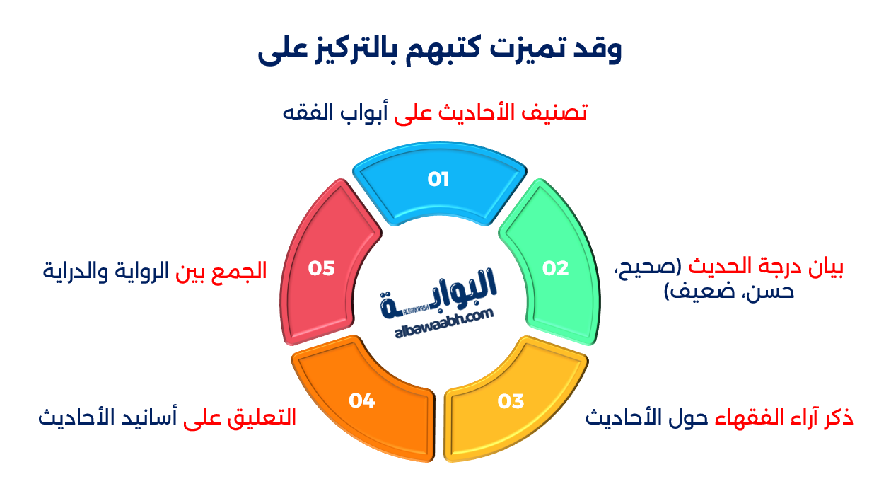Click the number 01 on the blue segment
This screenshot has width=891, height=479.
(x=438, y=180)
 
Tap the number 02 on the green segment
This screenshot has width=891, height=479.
(x=555, y=268)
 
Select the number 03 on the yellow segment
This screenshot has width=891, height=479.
(x=511, y=402)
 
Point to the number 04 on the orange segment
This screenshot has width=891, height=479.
(x=361, y=401)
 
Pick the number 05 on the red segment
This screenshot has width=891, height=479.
(x=321, y=269)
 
